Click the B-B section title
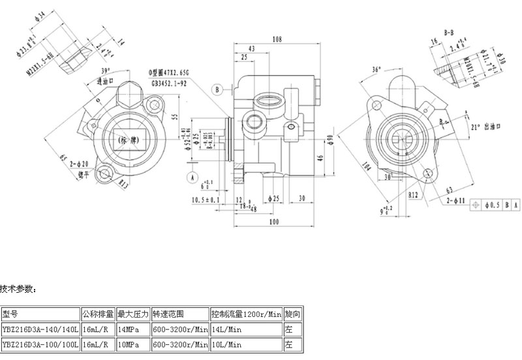pyautogui.click(x=449, y=31)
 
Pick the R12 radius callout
pyautogui.click(x=412, y=194)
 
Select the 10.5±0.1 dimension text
pyautogui.click(x=205, y=199)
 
